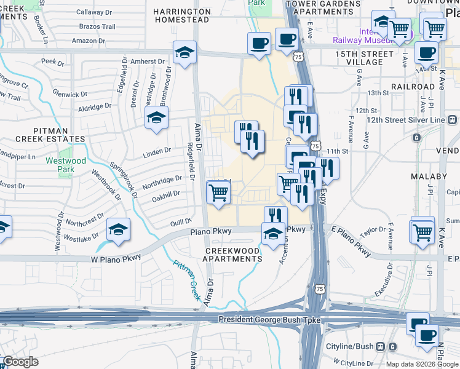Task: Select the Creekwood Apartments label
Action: (x=233, y=255)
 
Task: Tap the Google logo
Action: (x=20, y=362)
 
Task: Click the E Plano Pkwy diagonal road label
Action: (x=351, y=242)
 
